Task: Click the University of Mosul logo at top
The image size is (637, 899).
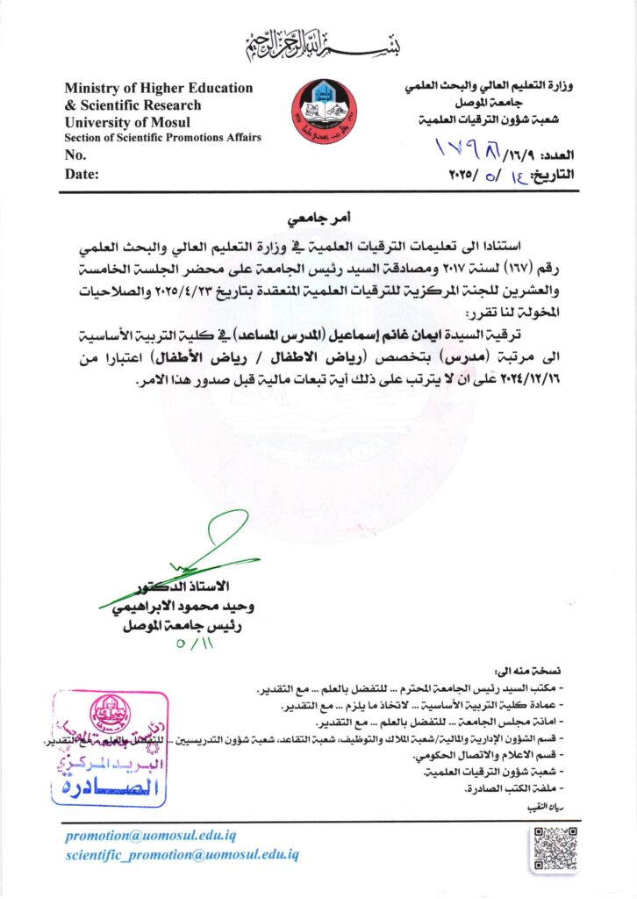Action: tap(324, 112)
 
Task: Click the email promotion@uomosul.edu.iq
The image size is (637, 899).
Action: tap(150, 836)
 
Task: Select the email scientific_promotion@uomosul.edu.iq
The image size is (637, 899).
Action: tap(183, 854)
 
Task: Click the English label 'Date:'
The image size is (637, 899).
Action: tap(82, 174)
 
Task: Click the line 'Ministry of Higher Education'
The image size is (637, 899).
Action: tap(158, 88)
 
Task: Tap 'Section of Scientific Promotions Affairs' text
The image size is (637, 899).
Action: tap(162, 138)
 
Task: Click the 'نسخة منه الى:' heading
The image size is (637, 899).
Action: tap(530, 669)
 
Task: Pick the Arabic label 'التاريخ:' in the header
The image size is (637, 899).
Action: tap(554, 174)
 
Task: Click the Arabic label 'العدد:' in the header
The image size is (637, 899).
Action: tap(555, 155)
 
